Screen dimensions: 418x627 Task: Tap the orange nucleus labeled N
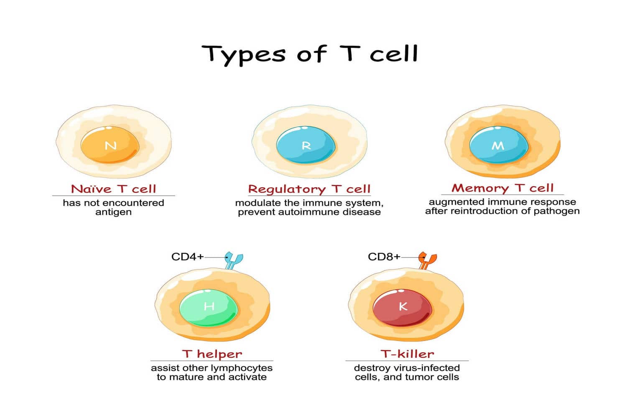(x=110, y=145)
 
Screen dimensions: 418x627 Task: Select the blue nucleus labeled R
(x=306, y=145)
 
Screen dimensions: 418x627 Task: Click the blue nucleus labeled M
(x=498, y=145)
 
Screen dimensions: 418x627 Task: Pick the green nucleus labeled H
(x=209, y=306)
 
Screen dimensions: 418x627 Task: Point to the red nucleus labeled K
(x=402, y=306)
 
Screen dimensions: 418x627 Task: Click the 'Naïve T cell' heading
(x=113, y=189)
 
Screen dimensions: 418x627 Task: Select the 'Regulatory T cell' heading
(x=309, y=189)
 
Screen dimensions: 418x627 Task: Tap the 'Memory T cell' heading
(x=502, y=188)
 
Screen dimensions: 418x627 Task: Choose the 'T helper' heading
(x=212, y=354)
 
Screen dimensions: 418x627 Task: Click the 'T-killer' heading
(x=407, y=354)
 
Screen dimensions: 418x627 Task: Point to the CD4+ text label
(x=187, y=257)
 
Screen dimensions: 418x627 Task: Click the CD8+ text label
(x=384, y=257)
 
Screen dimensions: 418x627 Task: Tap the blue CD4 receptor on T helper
(x=234, y=260)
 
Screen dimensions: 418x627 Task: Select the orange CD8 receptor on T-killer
(x=427, y=260)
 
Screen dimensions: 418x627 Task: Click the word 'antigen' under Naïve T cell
(x=113, y=212)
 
